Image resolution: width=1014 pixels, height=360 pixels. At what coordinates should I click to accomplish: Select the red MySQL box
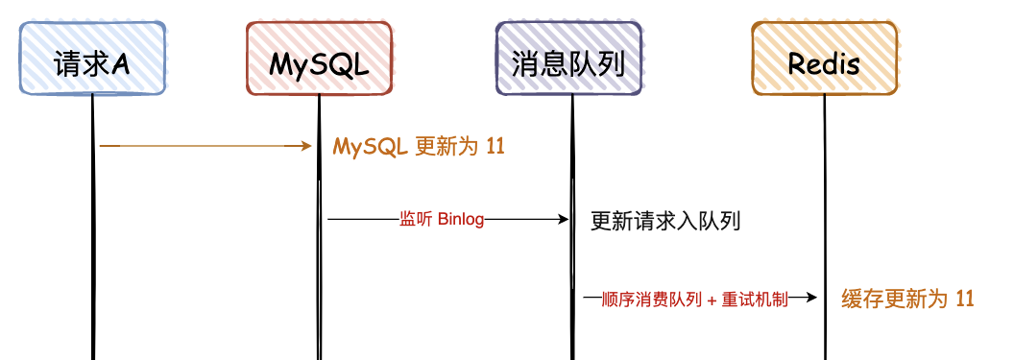tap(319, 59)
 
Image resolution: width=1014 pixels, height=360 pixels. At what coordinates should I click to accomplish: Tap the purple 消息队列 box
tap(569, 59)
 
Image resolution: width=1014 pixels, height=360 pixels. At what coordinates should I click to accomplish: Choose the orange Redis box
tap(824, 59)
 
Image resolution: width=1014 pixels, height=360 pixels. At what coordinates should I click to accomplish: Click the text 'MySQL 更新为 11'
tap(419, 147)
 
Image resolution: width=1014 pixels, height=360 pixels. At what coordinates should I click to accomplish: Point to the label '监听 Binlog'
tap(442, 220)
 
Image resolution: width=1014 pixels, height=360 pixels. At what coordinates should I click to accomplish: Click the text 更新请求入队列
tap(665, 222)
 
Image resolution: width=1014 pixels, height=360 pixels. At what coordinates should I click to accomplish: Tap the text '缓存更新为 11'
tap(907, 299)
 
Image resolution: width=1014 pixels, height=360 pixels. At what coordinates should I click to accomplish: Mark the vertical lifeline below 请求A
tap(93, 240)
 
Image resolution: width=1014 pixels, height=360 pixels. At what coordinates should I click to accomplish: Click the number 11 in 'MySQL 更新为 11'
tap(495, 147)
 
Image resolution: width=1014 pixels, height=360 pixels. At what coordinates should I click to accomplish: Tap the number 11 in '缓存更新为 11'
tap(965, 299)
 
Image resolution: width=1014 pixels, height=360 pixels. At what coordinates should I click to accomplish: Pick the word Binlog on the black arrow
tap(461, 220)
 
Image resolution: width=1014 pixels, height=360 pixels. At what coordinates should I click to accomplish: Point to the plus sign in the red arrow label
tap(712, 300)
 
